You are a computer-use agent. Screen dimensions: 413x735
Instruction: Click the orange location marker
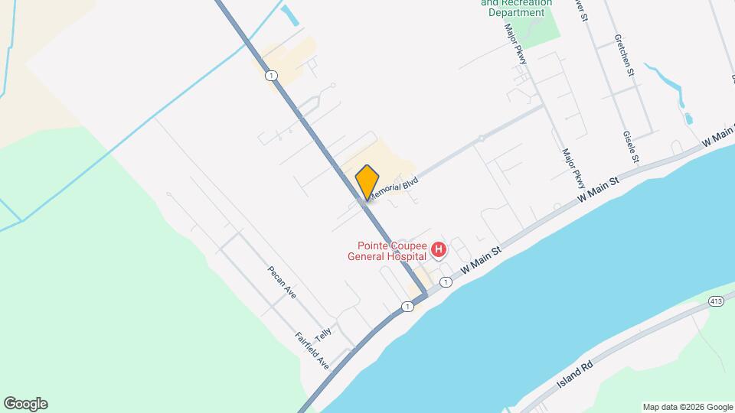click(x=367, y=182)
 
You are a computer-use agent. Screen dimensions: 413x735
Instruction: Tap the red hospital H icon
click(x=439, y=250)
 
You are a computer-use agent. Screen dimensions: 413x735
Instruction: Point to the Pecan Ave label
click(x=281, y=282)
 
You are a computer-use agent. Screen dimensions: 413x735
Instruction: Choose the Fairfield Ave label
click(x=312, y=351)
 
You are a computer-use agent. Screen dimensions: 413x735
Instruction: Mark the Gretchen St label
click(x=625, y=55)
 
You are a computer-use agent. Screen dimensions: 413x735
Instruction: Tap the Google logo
click(x=25, y=404)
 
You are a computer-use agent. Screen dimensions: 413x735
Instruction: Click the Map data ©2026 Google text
click(x=688, y=407)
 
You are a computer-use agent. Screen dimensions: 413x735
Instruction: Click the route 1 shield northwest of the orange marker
click(x=271, y=75)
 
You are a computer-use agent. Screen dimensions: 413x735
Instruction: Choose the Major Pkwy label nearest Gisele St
click(x=573, y=169)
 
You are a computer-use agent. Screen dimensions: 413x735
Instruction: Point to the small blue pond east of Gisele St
click(x=688, y=119)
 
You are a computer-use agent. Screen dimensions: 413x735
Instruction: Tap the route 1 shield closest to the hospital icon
click(x=446, y=282)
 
